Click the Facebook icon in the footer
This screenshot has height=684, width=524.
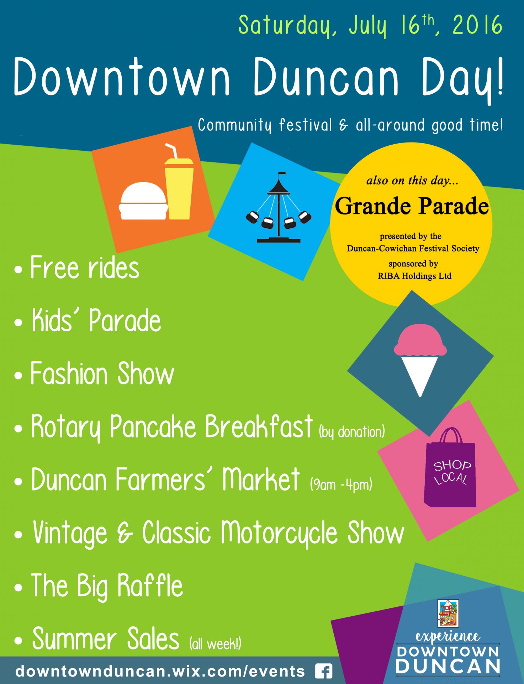324,672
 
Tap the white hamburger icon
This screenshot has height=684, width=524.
143,201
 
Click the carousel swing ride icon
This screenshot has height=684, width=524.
279,207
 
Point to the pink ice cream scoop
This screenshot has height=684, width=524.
420,340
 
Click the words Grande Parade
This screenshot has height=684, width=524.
412,206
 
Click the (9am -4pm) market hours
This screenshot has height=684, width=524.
341,484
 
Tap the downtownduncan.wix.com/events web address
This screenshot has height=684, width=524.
160,672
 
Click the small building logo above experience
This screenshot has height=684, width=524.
448,613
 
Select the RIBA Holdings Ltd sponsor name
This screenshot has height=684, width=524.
414,276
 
